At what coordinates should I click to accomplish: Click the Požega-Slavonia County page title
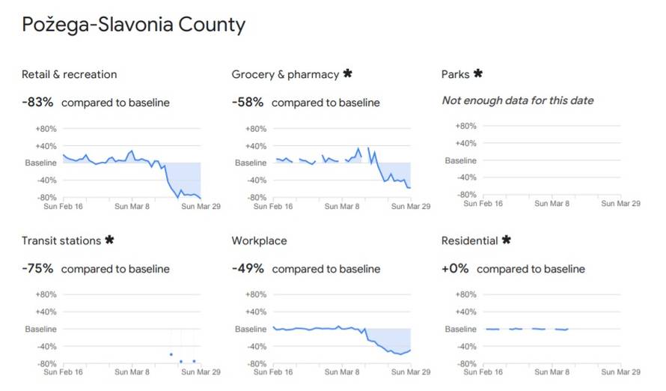pyautogui.click(x=133, y=25)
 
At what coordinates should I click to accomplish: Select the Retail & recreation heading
pyautogui.click(x=69, y=74)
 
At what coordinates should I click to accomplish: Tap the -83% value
pyautogui.click(x=37, y=103)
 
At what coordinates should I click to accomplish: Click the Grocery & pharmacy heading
pyautogui.click(x=285, y=74)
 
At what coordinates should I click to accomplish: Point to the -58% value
pyautogui.click(x=248, y=103)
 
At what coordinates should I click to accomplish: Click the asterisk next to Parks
pyautogui.click(x=478, y=73)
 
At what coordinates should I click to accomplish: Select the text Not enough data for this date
pyautogui.click(x=518, y=101)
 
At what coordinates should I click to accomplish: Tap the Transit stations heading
pyautogui.click(x=61, y=240)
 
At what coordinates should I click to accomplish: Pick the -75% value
pyautogui.click(x=37, y=269)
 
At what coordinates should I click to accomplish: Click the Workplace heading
pyautogui.click(x=259, y=240)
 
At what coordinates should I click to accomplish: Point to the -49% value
pyautogui.click(x=248, y=269)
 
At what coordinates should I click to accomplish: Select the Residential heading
pyautogui.click(x=469, y=240)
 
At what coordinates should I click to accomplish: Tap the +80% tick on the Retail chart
pyautogui.click(x=46, y=129)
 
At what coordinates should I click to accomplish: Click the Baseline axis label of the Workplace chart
pyautogui.click(x=251, y=329)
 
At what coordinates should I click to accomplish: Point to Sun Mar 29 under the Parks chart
pyautogui.click(x=620, y=203)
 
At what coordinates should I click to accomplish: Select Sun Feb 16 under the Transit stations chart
pyautogui.click(x=63, y=372)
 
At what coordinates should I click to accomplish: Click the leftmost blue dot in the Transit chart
pyautogui.click(x=171, y=354)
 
